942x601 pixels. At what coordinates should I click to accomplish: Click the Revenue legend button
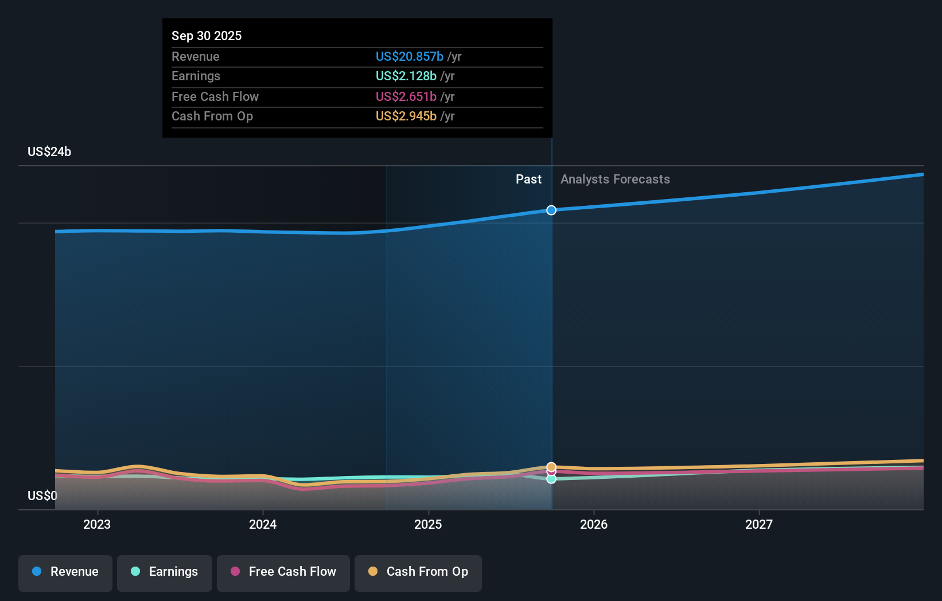click(x=65, y=572)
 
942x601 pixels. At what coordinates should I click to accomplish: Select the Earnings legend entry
click(x=165, y=572)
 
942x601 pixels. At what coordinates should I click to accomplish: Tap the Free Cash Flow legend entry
click(x=283, y=572)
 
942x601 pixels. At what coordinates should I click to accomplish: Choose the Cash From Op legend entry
click(x=418, y=572)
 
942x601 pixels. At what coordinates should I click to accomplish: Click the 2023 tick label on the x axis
click(x=97, y=524)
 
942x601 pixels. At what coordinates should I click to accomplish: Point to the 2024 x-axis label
click(x=263, y=524)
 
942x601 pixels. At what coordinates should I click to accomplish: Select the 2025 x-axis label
click(x=428, y=524)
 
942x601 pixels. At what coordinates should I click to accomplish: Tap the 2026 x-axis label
click(x=594, y=524)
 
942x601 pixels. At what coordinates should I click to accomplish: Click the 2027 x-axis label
click(x=759, y=524)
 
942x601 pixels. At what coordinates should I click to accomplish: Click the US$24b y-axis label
click(x=49, y=151)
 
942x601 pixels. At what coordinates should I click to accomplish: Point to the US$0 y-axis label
click(x=42, y=495)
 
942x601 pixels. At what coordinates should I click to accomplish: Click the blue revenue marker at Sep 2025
click(x=551, y=210)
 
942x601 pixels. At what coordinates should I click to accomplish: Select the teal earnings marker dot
click(x=551, y=479)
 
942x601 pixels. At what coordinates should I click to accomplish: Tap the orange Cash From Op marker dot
click(x=551, y=467)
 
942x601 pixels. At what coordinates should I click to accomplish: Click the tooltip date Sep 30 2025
click(x=207, y=36)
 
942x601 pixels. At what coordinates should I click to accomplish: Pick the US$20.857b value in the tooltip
click(x=409, y=56)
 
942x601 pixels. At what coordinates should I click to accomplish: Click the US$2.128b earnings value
click(x=406, y=76)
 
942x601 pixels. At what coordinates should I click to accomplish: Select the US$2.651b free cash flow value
click(x=406, y=96)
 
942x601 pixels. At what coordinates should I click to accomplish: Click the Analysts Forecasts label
click(x=615, y=179)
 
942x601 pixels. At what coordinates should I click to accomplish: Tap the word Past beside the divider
click(x=528, y=179)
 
